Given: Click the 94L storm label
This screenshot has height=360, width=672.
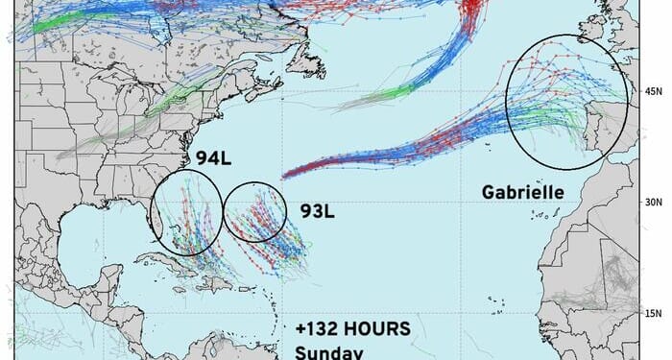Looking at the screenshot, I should pos(211,157).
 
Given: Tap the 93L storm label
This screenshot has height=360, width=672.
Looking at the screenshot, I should pos(317,210).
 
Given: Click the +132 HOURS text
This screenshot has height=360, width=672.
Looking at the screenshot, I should pos(352,328).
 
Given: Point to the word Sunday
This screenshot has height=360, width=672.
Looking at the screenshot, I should pos(325,351).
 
